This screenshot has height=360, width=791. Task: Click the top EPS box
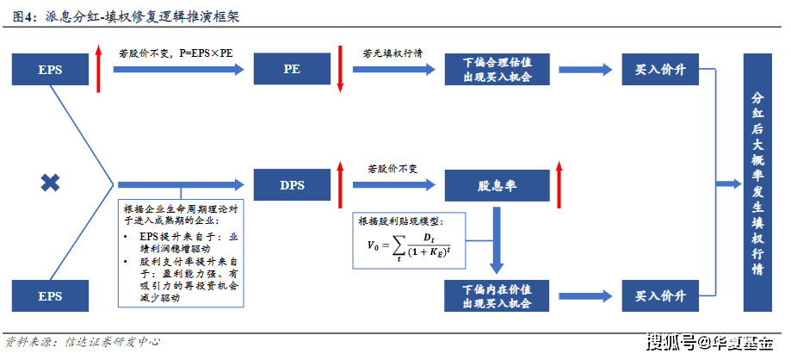point(50,69)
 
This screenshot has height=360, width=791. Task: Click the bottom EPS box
point(50,296)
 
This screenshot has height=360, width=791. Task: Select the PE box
point(292,69)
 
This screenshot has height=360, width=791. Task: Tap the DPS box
point(292,185)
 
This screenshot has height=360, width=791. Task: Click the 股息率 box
point(497,185)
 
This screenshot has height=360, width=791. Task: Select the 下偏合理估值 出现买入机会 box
point(497,69)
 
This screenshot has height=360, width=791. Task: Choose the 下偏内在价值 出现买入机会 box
point(497,296)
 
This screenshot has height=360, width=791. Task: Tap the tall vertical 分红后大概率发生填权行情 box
point(757,183)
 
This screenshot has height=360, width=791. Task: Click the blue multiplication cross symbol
point(50,183)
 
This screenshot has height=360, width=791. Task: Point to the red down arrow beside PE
point(340,69)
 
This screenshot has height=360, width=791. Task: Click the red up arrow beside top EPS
point(98,68)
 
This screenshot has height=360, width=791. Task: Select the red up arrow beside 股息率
point(559,184)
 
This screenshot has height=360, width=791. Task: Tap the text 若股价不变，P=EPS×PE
point(176,53)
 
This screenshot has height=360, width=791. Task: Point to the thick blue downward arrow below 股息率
point(497,240)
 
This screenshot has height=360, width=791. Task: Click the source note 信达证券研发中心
point(113,342)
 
